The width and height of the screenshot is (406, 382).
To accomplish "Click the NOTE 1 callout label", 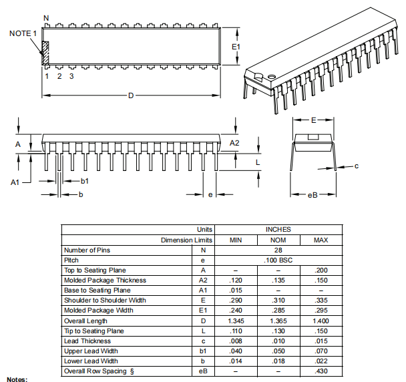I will [x=23, y=33].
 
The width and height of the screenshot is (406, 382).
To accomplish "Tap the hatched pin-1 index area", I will [x=45, y=53].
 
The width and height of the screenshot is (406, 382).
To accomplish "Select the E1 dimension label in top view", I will [x=235, y=47].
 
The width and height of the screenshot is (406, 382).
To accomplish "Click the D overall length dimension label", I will [x=131, y=95].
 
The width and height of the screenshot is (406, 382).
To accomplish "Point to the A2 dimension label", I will [x=234, y=143].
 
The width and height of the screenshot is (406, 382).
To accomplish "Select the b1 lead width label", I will [x=85, y=181].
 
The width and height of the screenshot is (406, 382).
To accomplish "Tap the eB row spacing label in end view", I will [x=312, y=195].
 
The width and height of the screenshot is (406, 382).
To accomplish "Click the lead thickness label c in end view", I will [x=357, y=166].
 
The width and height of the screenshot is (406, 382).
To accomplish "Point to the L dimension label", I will [x=258, y=162].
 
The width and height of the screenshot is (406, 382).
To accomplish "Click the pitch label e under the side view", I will [x=210, y=195].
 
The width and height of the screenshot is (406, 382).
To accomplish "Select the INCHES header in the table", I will [x=278, y=230].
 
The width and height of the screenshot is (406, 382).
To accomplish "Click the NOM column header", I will [x=278, y=240].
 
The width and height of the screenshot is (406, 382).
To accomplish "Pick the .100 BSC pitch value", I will [x=278, y=260].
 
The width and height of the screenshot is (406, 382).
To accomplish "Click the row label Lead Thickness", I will [x=87, y=341].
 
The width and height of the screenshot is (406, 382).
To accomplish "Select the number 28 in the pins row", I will [x=278, y=250].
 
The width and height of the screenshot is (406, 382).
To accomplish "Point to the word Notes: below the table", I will [x=17, y=379].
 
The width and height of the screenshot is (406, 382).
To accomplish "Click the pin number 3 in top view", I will [x=71, y=76].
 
